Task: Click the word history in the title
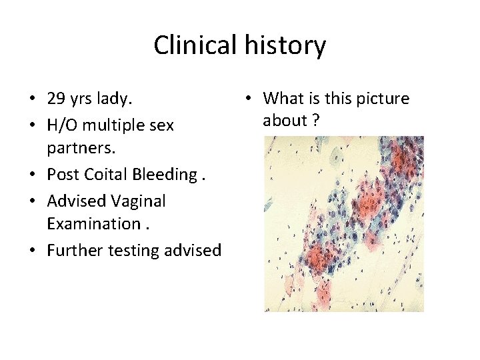click(285, 45)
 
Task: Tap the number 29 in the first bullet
click(56, 99)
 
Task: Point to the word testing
click(133, 251)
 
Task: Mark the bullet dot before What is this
click(247, 99)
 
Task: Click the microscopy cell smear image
click(344, 224)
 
